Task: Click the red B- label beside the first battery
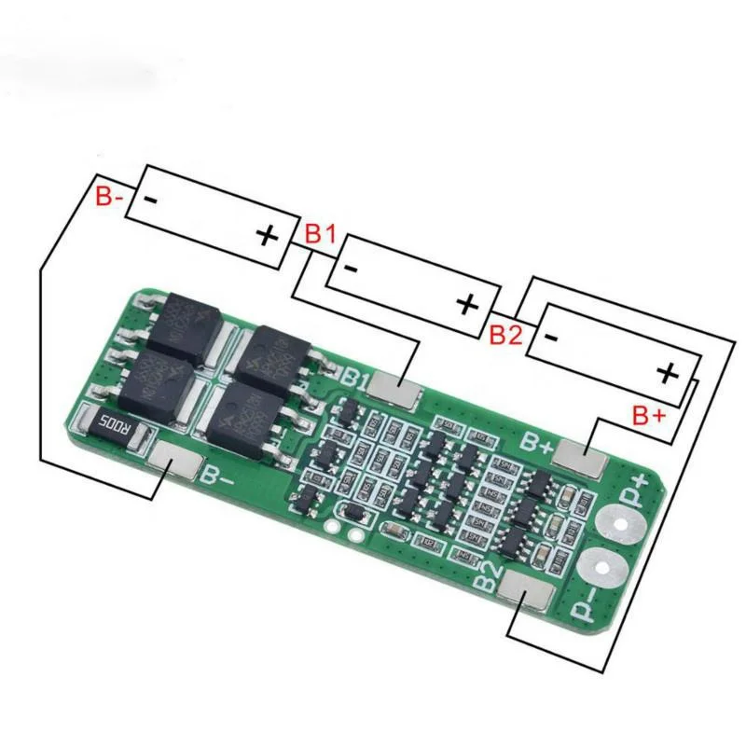(109, 197)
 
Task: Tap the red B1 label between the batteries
(321, 234)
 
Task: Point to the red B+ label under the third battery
(649, 415)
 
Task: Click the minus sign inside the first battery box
(148, 200)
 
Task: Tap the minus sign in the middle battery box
(351, 269)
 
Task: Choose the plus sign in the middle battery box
(468, 304)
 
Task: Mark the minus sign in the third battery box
(551, 338)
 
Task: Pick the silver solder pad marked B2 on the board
(526, 592)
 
